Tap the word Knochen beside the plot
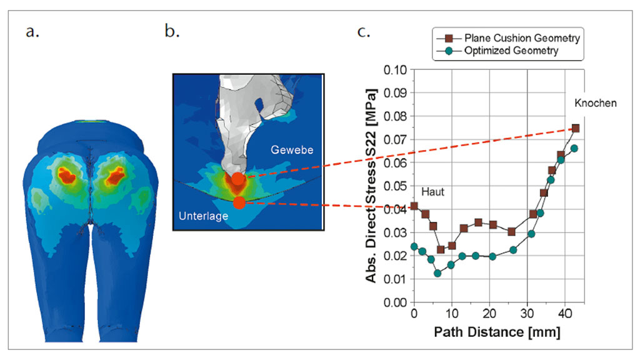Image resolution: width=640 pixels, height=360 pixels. click(x=594, y=103)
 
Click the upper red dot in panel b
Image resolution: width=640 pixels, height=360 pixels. click(x=238, y=179)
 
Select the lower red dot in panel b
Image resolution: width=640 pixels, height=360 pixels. click(x=239, y=202)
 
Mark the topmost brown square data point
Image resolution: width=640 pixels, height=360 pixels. click(x=575, y=128)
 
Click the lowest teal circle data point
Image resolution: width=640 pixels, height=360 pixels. click(x=437, y=273)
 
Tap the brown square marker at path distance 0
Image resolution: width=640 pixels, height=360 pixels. click(x=414, y=206)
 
